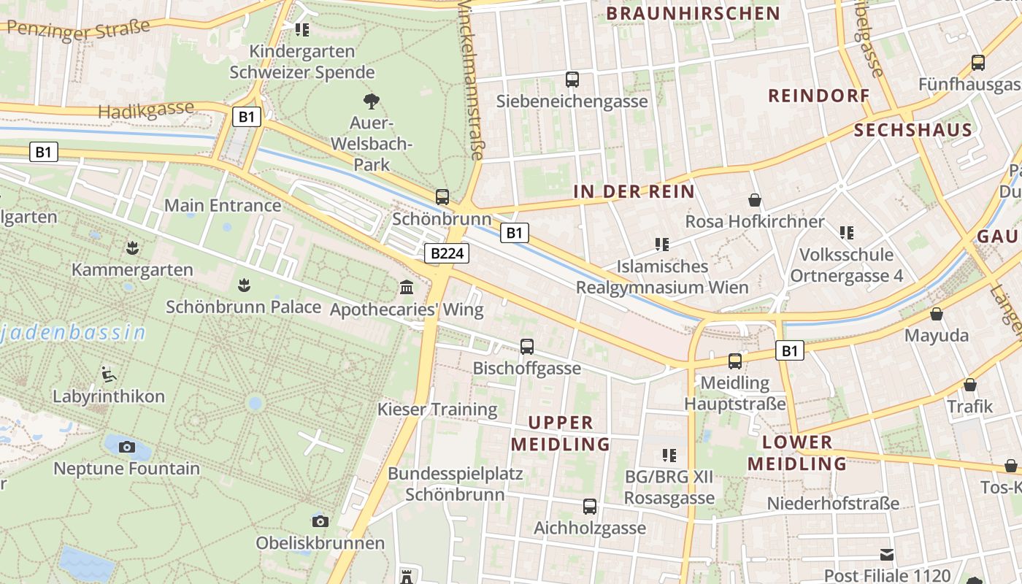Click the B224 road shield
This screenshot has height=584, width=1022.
[x=446, y=253]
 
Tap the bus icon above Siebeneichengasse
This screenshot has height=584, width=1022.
[x=572, y=79]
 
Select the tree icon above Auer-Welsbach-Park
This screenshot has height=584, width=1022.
[x=371, y=101]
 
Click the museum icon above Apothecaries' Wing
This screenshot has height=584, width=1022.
[x=407, y=288]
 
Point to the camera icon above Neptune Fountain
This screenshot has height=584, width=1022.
[x=126, y=447]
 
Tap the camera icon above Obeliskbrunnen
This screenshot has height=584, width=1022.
[x=320, y=521]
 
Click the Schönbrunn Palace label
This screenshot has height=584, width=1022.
[x=243, y=307]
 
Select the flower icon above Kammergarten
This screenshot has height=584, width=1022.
[x=131, y=248]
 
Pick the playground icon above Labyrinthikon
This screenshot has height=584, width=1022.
[x=109, y=374]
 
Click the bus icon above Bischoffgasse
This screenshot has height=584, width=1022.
[x=526, y=347]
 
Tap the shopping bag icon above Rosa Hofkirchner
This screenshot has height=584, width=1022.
[x=754, y=199]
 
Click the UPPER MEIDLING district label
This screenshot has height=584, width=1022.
[x=560, y=433]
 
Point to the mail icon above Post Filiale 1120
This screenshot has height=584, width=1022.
[x=887, y=554]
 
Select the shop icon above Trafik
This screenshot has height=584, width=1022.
[x=970, y=385]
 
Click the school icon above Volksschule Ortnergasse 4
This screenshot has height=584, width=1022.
[x=846, y=233]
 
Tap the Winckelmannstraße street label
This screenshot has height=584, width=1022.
[x=471, y=80]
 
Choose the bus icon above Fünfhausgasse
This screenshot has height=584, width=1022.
[x=978, y=63]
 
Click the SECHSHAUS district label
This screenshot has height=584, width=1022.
[x=912, y=131]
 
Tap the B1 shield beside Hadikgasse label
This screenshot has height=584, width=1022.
[x=247, y=117]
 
